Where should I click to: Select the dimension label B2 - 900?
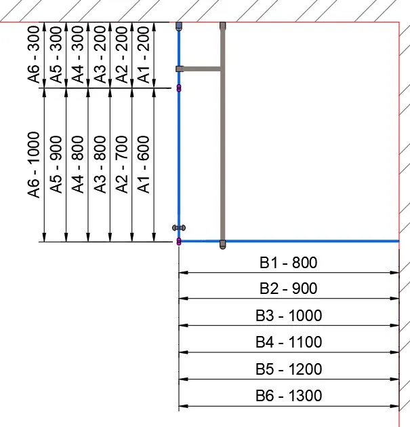288,289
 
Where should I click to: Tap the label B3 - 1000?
288,316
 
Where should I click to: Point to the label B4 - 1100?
288,343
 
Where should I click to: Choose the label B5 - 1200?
288,370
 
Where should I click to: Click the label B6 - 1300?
288,396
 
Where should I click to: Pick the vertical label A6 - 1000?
34,165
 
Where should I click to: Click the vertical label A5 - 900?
56,165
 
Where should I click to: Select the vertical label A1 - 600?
144,165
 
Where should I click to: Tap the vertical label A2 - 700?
122,165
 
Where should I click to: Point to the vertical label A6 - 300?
34,56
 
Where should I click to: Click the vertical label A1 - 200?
144,56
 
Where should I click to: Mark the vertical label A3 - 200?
100,56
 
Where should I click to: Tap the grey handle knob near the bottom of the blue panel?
179,227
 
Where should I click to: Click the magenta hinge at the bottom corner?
179,242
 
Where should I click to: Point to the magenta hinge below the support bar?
179,88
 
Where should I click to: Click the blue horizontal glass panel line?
312,241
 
